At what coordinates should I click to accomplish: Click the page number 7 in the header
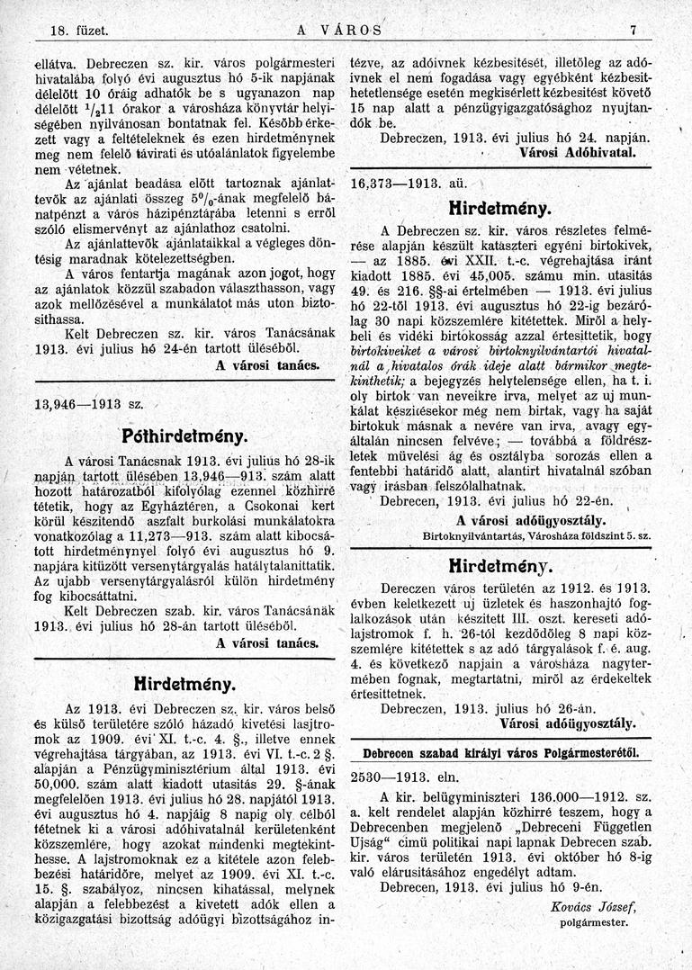[x=634, y=30]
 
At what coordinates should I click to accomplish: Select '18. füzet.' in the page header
[x=70, y=30]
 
